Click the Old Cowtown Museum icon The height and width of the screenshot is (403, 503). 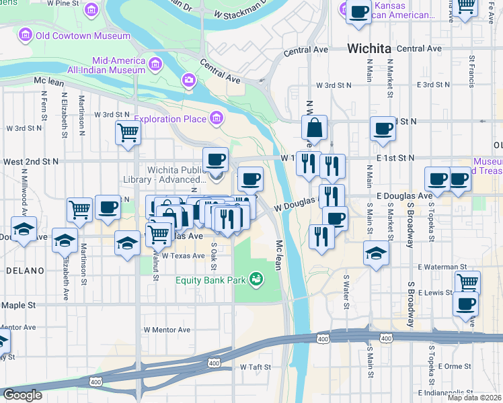coord(26,34)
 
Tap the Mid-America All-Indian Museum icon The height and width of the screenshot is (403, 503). coord(155,64)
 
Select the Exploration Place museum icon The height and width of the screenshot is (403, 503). coord(217,120)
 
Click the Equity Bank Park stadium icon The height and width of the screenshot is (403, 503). coord(256,278)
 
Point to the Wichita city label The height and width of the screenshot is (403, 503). coord(369,48)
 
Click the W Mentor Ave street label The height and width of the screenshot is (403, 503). coord(167,330)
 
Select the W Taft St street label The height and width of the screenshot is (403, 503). coord(256,367)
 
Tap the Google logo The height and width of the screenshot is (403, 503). coord(22,395)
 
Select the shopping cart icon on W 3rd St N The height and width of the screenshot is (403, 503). coord(127,132)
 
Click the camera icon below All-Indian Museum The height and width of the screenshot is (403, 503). coord(189,81)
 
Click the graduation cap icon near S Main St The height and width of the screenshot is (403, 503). coord(376,254)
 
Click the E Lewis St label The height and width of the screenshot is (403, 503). coord(434,293)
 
